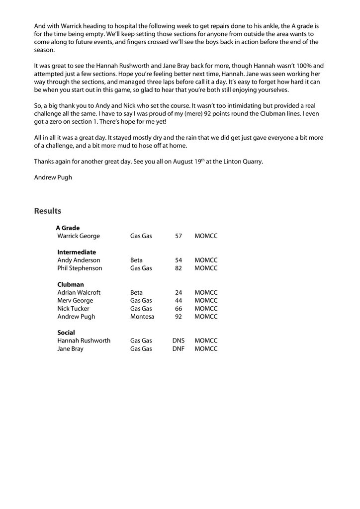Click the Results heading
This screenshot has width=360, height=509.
47,211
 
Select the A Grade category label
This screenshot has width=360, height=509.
68,228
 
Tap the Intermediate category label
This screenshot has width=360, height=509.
77,252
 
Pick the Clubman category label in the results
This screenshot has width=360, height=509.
71,284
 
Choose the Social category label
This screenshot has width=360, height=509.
66,333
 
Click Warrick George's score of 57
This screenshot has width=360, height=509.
179,236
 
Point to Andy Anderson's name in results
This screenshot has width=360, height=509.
79,260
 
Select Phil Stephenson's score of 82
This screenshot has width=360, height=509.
179,268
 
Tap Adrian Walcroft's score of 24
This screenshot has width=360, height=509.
179,292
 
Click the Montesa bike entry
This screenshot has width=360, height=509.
142,317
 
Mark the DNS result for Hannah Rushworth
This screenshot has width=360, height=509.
178,341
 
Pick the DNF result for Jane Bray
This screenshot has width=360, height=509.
178,349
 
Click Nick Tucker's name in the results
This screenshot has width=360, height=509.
74,309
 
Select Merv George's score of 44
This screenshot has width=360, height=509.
179,301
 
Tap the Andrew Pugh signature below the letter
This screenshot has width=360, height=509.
53,177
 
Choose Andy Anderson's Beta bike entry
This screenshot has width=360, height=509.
136,260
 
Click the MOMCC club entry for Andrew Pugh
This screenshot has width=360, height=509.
206,317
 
